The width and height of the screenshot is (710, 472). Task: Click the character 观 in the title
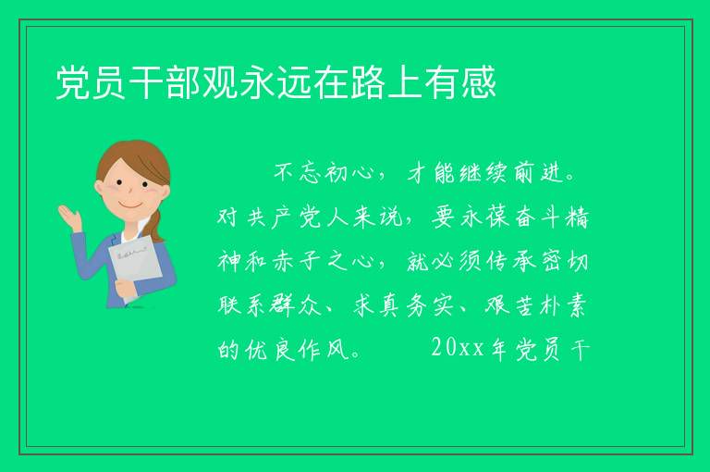click(x=221, y=82)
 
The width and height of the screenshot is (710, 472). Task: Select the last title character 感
click(x=479, y=82)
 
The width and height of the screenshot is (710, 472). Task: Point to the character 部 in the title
click(x=184, y=82)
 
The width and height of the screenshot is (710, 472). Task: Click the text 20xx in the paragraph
click(x=458, y=348)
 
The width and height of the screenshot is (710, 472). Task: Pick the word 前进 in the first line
click(x=539, y=173)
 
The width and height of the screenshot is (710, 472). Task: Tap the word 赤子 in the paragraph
click(x=297, y=262)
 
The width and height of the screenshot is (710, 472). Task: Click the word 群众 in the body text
click(x=296, y=305)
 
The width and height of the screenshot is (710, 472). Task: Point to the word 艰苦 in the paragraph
click(x=510, y=305)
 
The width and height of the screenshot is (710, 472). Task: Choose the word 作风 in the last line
click(x=323, y=349)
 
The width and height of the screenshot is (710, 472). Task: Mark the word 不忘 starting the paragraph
click(x=298, y=173)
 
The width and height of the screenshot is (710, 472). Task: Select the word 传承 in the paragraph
click(x=511, y=262)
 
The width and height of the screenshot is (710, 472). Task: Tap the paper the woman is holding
click(x=135, y=266)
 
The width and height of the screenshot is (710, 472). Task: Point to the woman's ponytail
click(x=156, y=225)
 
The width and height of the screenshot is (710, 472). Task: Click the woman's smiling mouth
click(x=130, y=205)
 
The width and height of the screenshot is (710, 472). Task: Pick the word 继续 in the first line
click(x=484, y=173)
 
